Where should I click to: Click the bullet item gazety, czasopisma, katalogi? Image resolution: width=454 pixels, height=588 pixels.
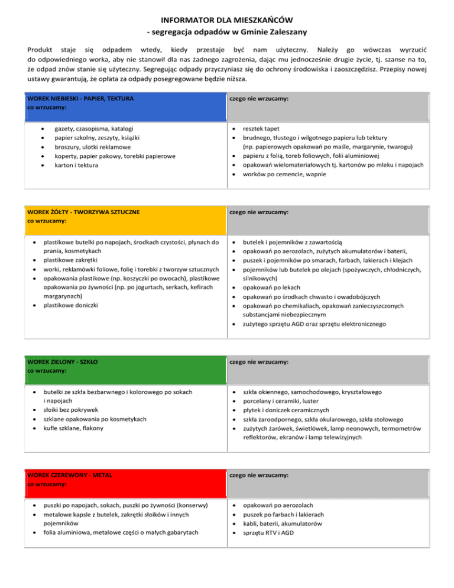[93, 128]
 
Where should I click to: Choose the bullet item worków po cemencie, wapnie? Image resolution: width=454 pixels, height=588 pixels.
[284, 175]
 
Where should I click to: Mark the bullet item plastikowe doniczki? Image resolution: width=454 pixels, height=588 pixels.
[72, 305]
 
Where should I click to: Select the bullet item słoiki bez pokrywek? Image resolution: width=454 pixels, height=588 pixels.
[74, 410]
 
